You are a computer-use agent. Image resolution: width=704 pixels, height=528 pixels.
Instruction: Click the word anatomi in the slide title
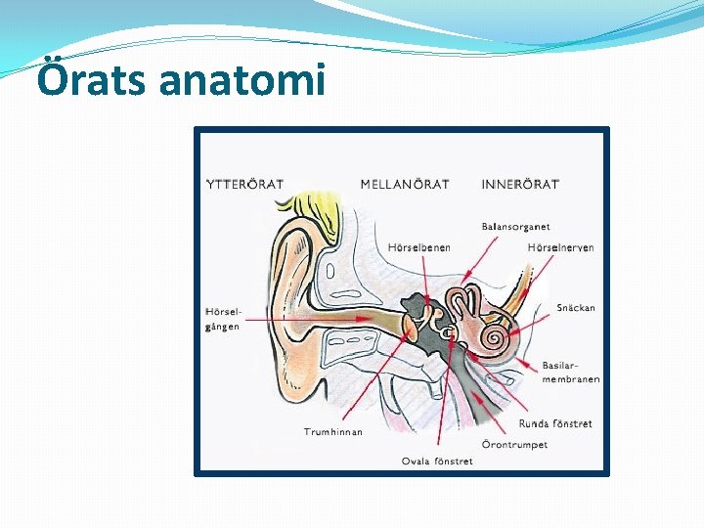[241, 80]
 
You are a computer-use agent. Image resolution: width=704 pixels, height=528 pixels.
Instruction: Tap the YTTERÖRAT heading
[244, 184]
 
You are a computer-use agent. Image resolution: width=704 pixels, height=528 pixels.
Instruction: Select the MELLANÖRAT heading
[405, 184]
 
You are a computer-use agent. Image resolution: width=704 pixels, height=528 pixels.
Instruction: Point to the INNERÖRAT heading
[520, 184]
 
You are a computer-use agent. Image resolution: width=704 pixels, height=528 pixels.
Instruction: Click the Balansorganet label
[515, 227]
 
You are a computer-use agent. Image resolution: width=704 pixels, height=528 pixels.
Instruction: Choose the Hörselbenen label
[419, 247]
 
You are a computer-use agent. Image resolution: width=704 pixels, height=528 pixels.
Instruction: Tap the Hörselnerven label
[560, 247]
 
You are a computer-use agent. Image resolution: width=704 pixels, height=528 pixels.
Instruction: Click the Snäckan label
[576, 308]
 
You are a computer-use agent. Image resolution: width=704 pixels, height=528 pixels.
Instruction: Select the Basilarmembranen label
[571, 373]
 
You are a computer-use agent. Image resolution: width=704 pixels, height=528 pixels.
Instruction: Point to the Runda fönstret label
[555, 424]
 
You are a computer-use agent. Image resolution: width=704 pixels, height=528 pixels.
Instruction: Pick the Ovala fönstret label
[437, 461]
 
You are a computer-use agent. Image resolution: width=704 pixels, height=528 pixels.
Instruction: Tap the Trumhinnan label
[332, 431]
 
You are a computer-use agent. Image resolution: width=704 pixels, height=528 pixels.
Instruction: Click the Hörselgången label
[223, 319]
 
